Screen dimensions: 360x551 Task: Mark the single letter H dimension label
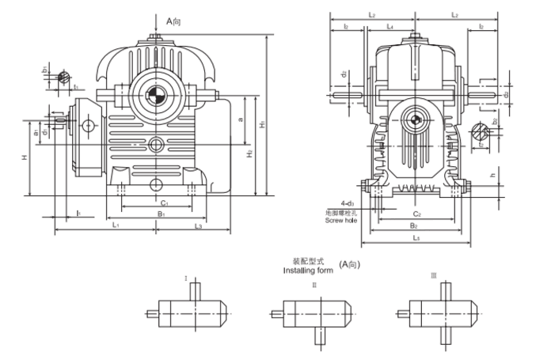[x=25, y=157]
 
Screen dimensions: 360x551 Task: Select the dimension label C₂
[x=416, y=214]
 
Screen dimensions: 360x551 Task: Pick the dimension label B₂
[x=416, y=225]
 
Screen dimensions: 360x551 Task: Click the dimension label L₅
[x=416, y=237]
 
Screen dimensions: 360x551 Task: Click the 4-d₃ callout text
[x=343, y=203]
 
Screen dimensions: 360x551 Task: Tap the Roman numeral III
[x=433, y=275]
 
